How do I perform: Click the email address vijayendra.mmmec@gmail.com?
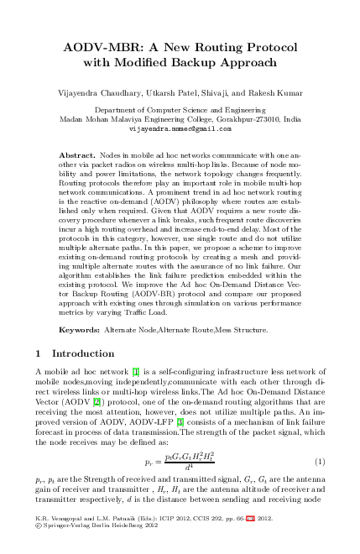180,130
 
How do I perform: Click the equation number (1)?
319,462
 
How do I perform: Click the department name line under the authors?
180,110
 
